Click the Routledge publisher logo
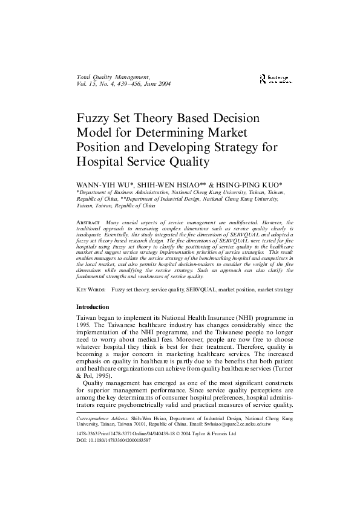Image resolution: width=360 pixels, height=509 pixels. [273, 79]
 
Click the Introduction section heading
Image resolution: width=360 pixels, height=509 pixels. [92, 307]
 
